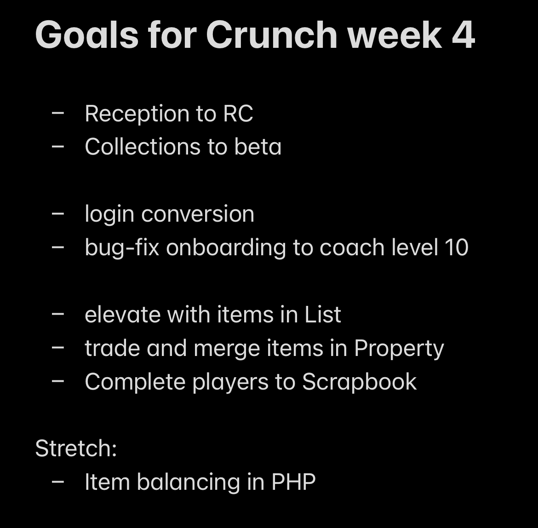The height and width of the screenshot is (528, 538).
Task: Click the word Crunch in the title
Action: pos(271,35)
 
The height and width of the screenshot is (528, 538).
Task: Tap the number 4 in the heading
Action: pos(463,35)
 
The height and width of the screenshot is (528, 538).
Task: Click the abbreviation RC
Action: pos(238,114)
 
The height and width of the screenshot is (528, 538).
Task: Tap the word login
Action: pos(109,215)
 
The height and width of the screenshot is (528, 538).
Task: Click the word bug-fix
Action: pos(122,248)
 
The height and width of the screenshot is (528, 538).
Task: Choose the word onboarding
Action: pos(226,248)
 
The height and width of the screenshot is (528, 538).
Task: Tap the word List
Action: pos(322,315)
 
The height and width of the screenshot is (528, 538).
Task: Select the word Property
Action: pos(399,349)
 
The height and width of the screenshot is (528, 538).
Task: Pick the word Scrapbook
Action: pos(359,382)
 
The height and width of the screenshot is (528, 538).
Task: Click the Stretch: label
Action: pos(76,448)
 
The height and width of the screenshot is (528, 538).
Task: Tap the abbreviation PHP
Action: pos(293,482)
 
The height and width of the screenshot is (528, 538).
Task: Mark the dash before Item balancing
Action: pos(58,482)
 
